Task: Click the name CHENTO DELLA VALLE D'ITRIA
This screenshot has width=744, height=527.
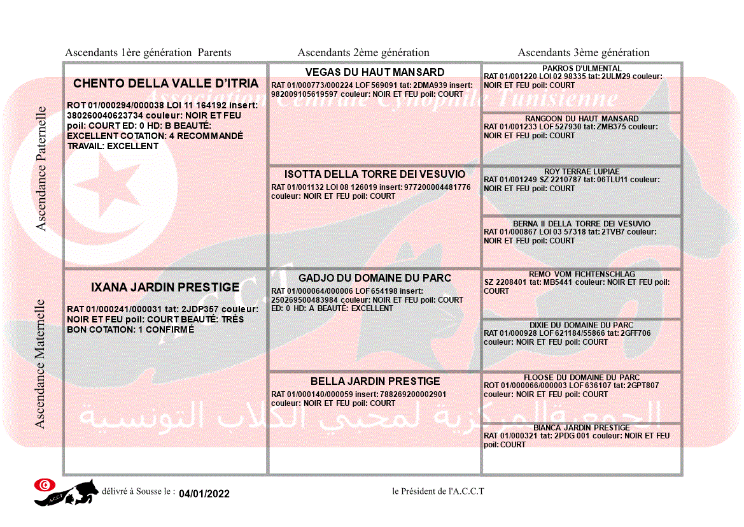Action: tap(165, 83)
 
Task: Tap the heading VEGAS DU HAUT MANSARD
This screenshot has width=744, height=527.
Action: tap(375, 72)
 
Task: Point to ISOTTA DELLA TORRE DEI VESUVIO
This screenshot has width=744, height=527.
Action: tap(375, 174)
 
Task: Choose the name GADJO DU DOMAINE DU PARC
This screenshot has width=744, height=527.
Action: tap(375, 278)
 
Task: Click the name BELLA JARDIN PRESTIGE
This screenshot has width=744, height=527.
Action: tap(375, 381)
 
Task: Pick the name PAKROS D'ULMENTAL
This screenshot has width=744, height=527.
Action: tap(582, 68)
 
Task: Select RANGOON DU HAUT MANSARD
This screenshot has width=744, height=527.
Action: tap(582, 119)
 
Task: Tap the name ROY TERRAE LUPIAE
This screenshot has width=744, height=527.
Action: tap(582, 171)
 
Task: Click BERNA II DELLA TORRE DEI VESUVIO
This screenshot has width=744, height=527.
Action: tap(582, 224)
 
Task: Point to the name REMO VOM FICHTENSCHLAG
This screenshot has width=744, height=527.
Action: tap(582, 273)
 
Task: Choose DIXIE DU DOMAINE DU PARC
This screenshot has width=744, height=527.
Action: tap(582, 324)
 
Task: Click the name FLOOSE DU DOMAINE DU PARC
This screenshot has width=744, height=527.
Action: tap(582, 377)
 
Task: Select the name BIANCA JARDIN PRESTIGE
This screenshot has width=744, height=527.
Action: tap(582, 427)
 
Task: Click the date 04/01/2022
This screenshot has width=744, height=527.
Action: tap(204, 493)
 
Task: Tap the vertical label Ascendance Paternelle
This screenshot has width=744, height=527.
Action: tap(41, 169)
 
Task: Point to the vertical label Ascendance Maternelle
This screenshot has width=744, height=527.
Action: tap(39, 363)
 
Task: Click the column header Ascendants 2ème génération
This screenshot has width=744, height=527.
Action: tap(363, 53)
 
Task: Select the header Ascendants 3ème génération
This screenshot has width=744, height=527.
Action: tap(584, 53)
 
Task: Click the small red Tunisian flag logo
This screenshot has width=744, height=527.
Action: tap(44, 485)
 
